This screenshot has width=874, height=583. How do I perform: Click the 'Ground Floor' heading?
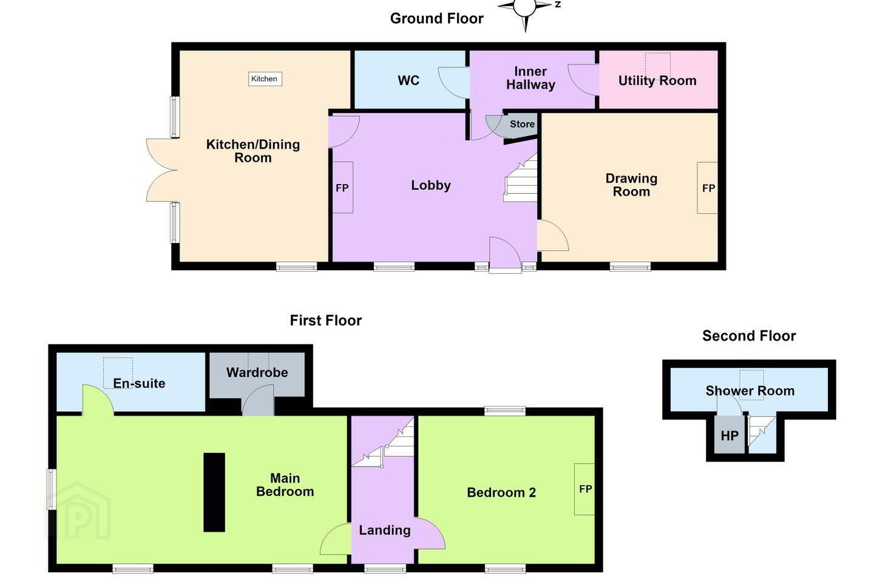click(436, 18)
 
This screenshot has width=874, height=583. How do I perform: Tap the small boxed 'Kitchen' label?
click(265, 79)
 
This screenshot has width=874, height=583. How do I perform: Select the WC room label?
click(408, 80)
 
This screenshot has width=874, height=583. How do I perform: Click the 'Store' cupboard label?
click(522, 124)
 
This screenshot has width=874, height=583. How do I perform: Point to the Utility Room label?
click(657, 80)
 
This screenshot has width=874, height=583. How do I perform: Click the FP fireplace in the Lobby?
click(342, 188)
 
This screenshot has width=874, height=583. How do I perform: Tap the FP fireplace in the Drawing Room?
click(708, 188)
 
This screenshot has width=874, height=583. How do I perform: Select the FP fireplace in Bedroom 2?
click(584, 489)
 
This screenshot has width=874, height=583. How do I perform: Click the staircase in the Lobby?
click(521, 178)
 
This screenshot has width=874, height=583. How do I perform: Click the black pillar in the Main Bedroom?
click(214, 492)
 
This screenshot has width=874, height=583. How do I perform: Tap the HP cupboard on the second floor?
click(730, 435)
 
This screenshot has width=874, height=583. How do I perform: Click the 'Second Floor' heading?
click(749, 336)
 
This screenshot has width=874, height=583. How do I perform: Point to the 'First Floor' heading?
click(325, 321)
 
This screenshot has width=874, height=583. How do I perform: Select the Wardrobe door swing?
click(258, 400)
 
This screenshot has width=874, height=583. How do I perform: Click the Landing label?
click(385, 530)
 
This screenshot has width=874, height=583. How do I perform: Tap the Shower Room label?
click(750, 391)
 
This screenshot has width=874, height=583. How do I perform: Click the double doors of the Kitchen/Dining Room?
click(162, 170)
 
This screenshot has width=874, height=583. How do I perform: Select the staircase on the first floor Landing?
click(383, 442)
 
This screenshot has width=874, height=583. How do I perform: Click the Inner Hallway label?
click(530, 78)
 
